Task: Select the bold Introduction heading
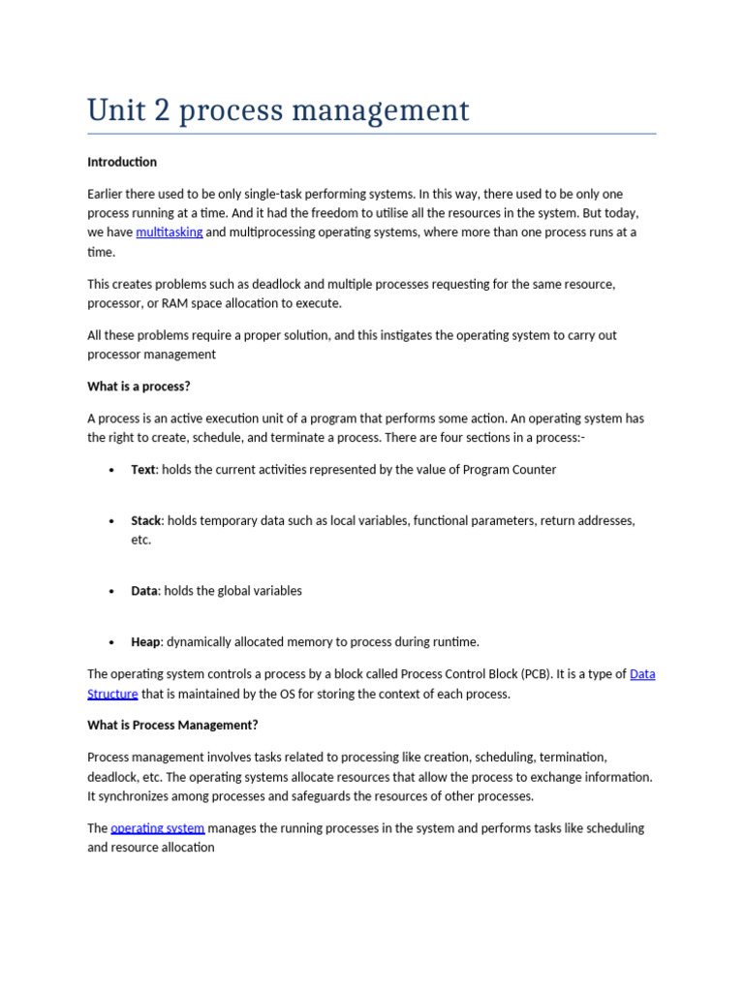click(122, 162)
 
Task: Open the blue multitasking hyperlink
click(170, 232)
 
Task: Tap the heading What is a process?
click(139, 387)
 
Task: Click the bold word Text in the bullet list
click(143, 470)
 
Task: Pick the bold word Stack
click(146, 521)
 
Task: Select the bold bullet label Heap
click(145, 642)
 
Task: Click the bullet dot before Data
click(111, 591)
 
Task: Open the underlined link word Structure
click(112, 694)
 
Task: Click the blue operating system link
click(158, 828)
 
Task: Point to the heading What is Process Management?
click(172, 726)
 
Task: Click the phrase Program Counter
click(510, 470)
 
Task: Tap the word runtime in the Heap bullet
click(454, 642)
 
